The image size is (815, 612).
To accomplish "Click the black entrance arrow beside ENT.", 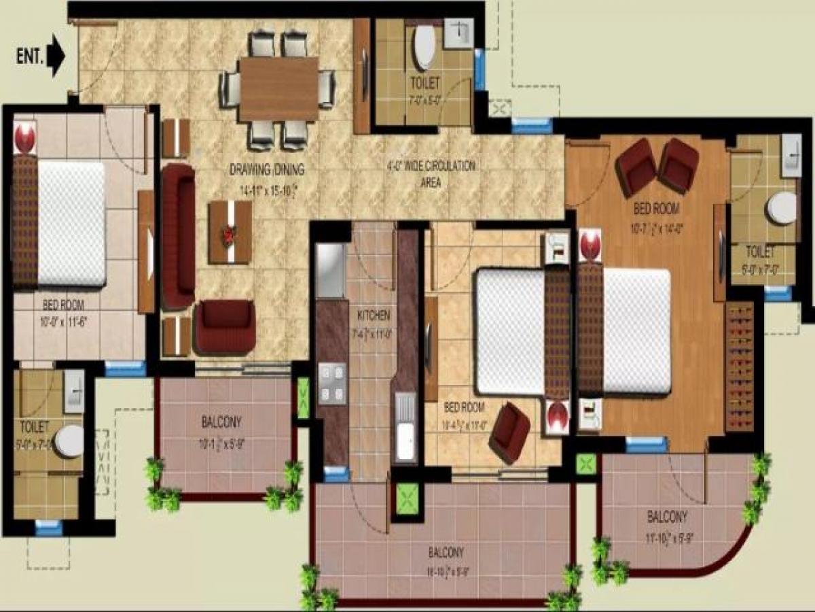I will tap(56, 56).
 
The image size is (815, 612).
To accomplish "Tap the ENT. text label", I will tap(29, 56).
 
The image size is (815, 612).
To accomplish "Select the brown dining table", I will tap(278, 89).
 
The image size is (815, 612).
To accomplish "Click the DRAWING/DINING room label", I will tap(267, 170).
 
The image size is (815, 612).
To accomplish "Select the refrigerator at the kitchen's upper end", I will tap(331, 270).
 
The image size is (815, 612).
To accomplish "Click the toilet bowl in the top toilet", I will tap(425, 48).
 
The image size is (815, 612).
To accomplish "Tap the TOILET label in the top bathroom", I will tap(425, 83).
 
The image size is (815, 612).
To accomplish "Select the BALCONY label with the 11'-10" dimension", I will tap(667, 517).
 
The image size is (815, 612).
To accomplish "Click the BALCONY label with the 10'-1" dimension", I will tap(221, 422).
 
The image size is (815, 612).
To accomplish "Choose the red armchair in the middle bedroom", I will tap(509, 432).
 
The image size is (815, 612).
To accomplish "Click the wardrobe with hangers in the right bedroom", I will tap(740, 367).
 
